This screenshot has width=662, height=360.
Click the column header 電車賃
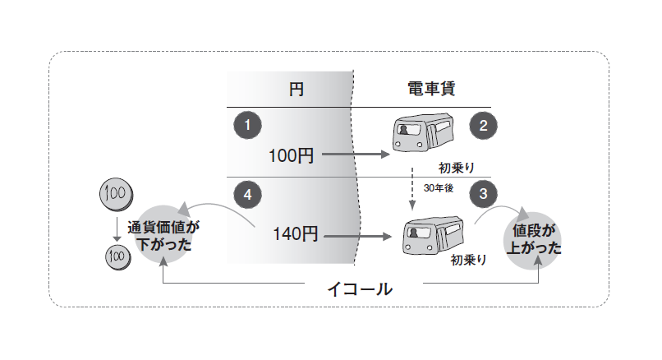pyautogui.click(x=434, y=90)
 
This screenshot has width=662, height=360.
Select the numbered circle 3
pyautogui.click(x=483, y=196)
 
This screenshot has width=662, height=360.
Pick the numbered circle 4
pyautogui.click(x=247, y=196)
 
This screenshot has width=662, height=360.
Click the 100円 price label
pyautogui.click(x=291, y=155)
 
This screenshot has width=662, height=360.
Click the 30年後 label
pyautogui.click(x=439, y=188)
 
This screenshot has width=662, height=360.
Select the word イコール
pyautogui.click(x=360, y=289)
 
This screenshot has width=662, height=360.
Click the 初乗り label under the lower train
pyautogui.click(x=469, y=260)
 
